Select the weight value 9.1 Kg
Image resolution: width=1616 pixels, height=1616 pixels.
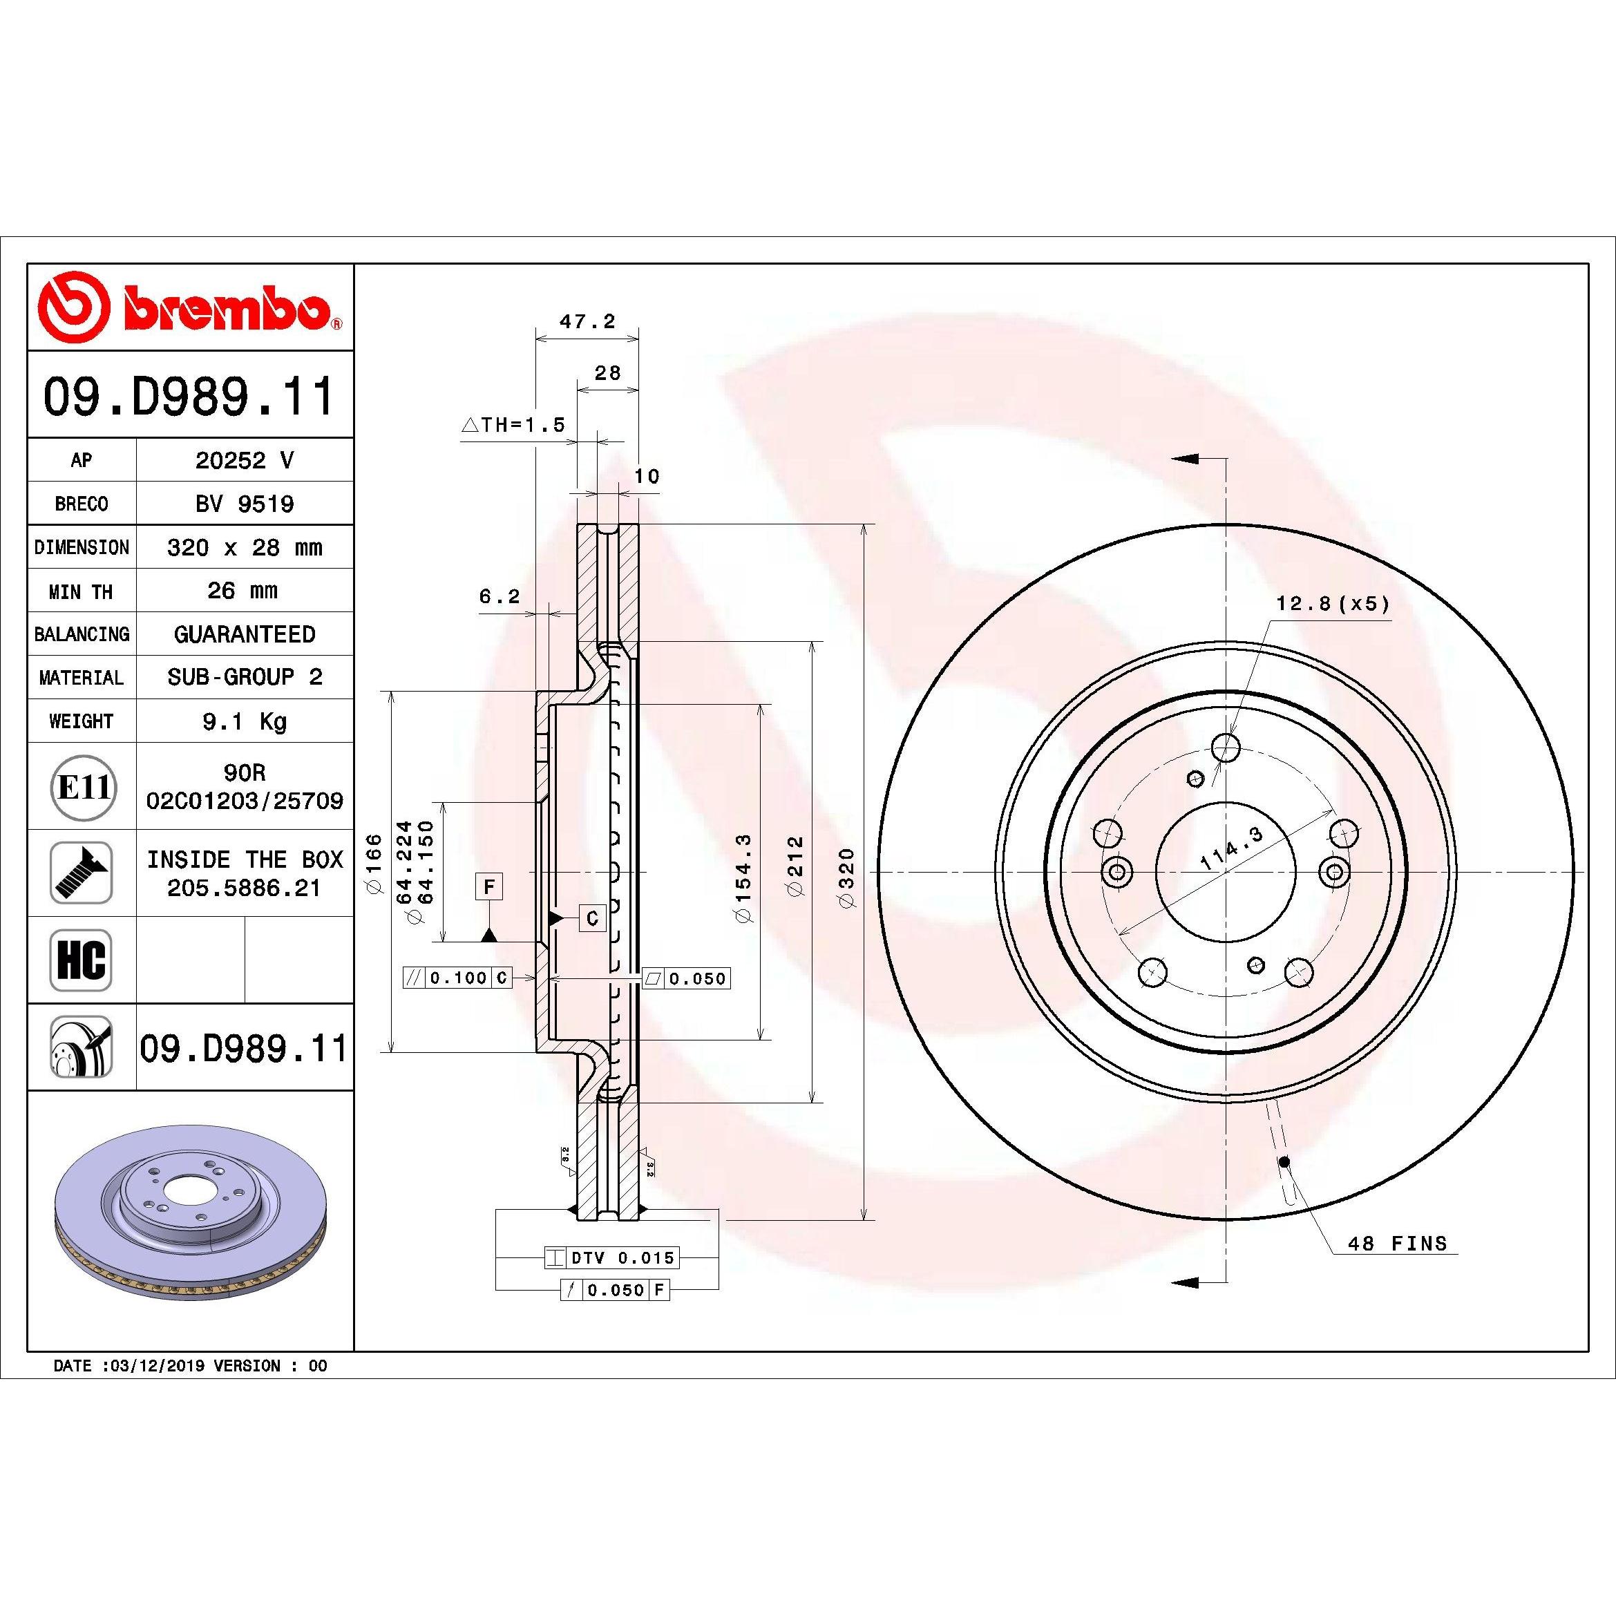[x=245, y=721]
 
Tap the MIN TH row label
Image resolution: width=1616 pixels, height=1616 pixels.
[x=81, y=591]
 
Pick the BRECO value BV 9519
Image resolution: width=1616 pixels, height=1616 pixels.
[x=245, y=504]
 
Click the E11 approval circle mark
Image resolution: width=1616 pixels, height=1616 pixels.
[x=82, y=787]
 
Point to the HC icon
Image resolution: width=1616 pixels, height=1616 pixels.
[x=81, y=960]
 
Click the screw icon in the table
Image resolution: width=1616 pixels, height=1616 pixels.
[x=81, y=873]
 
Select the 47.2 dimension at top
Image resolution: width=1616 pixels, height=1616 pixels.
[x=587, y=321]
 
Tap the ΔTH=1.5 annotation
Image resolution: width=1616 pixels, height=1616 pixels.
[x=513, y=424]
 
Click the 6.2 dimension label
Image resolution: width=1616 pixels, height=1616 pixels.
[x=500, y=596]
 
